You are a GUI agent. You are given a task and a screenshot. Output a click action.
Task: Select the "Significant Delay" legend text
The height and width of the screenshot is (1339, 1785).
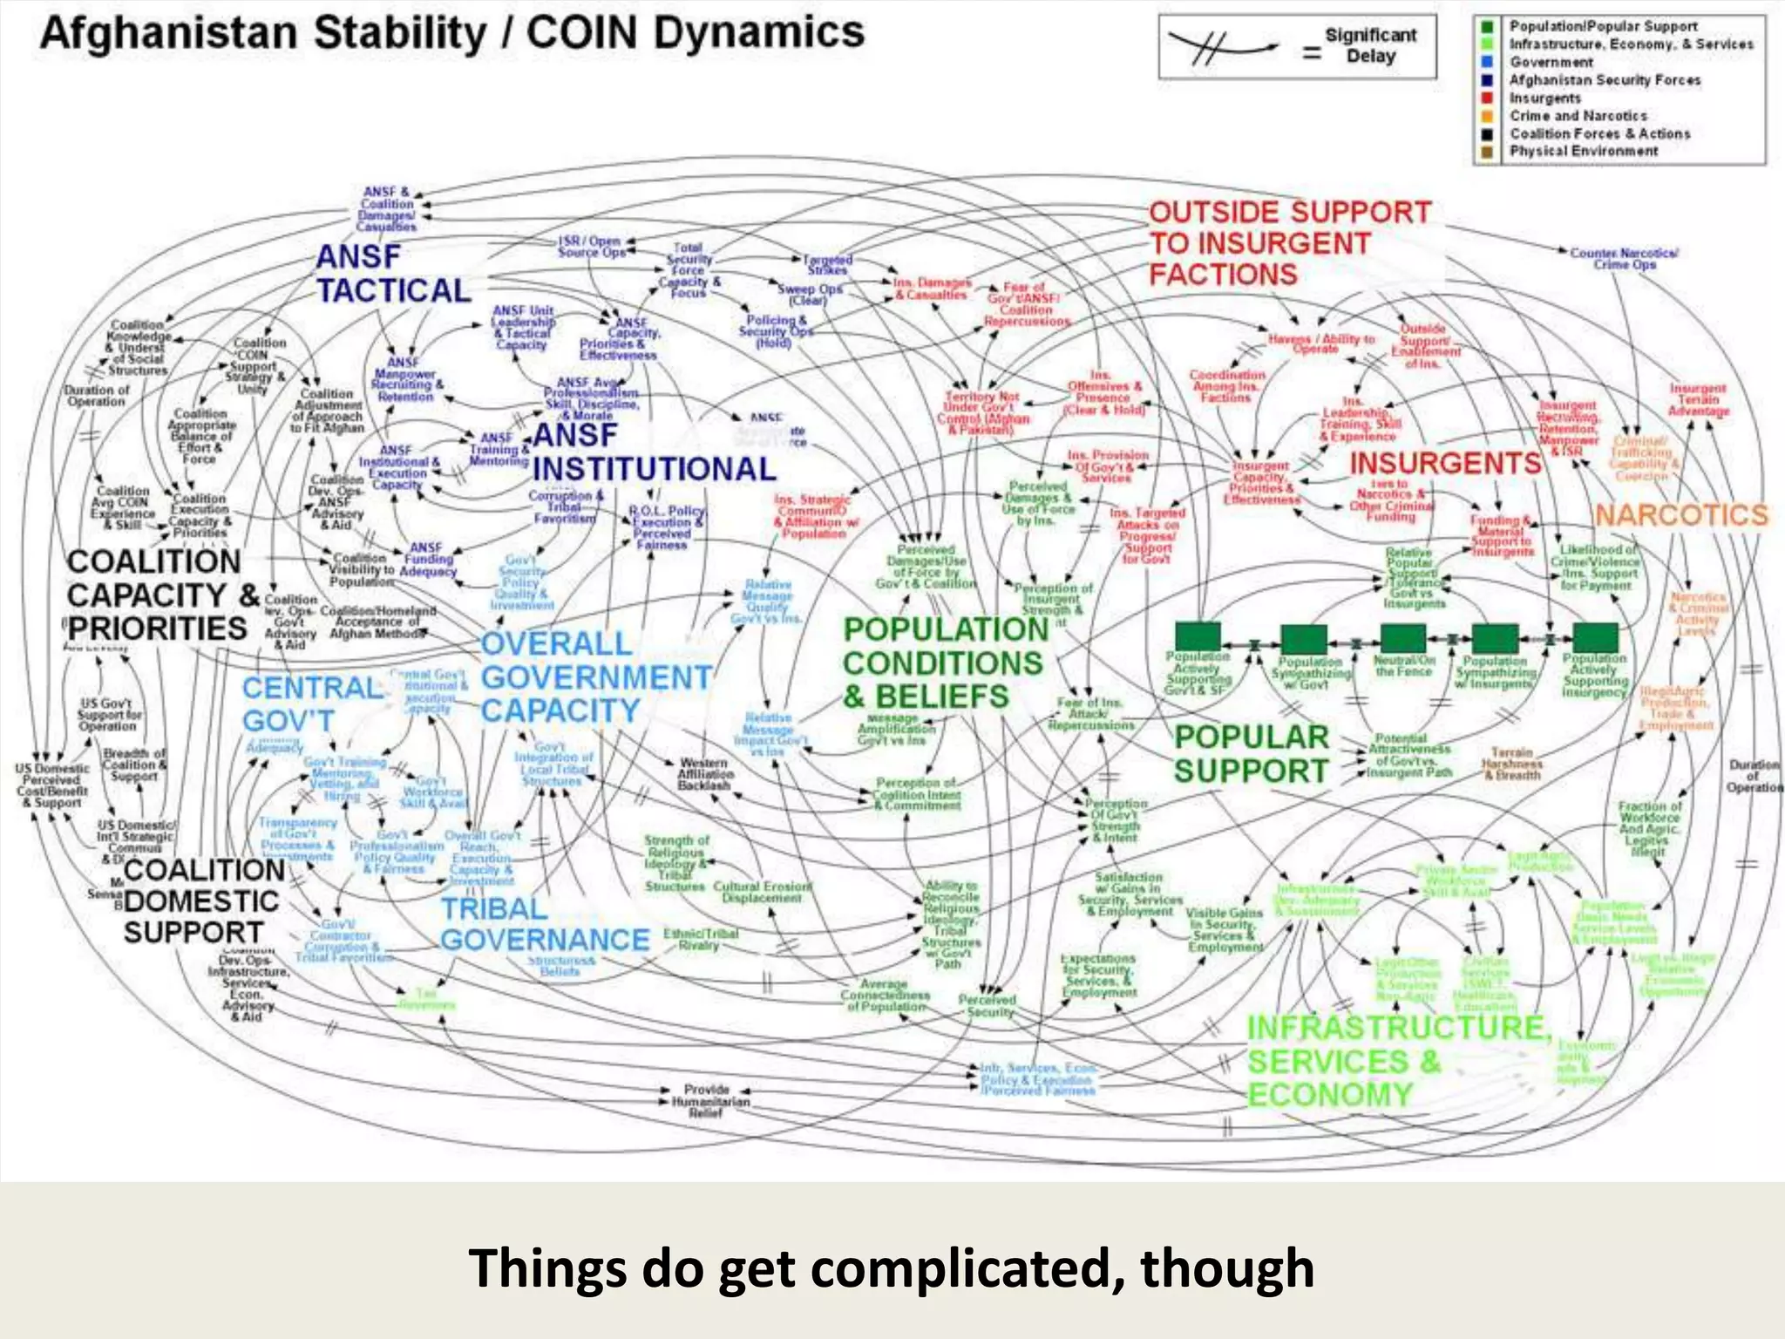1370,45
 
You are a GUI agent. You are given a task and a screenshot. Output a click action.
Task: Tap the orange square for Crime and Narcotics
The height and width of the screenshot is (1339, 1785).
1488,116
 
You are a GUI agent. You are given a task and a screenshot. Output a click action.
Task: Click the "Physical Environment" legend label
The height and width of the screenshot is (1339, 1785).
1584,152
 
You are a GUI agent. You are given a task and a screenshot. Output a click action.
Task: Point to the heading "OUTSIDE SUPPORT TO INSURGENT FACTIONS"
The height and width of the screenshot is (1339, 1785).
1289,243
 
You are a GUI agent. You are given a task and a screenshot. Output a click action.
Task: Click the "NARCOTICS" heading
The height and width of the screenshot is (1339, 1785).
1681,515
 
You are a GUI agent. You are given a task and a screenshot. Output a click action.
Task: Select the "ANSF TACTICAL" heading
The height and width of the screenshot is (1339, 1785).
392,274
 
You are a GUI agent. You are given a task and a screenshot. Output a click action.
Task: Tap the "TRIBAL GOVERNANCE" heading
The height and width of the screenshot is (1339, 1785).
545,924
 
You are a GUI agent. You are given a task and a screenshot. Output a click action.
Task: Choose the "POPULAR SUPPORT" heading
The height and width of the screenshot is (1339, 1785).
1251,754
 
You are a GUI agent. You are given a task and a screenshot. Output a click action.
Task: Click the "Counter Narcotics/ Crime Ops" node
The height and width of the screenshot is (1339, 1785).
1624,258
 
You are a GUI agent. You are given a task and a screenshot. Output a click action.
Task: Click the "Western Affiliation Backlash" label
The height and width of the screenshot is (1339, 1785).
705,774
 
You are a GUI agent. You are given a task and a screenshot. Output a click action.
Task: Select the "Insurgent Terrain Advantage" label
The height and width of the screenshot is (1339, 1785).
1698,399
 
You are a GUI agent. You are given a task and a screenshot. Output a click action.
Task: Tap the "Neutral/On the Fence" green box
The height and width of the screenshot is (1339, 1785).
1402,638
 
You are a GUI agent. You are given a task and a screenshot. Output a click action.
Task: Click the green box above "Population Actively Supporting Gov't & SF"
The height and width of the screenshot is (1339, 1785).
1198,636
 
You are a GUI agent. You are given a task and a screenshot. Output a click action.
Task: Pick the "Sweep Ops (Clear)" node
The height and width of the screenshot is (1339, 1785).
809,294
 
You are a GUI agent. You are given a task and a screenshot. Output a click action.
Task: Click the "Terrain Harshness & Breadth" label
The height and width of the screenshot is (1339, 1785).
1511,763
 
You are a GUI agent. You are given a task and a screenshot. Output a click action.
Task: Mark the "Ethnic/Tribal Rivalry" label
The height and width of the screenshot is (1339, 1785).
701,939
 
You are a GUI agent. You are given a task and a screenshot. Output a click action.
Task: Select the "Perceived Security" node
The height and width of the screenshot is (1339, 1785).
988,1006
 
